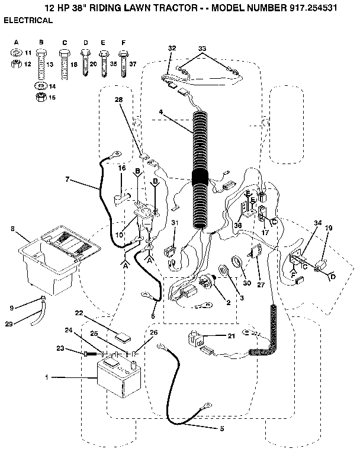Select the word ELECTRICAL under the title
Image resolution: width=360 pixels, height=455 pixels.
(28, 20)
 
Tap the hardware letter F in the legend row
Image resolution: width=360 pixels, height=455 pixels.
(123, 43)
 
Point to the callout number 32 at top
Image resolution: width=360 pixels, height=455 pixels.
(172, 48)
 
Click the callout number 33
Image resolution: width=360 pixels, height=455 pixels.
(202, 48)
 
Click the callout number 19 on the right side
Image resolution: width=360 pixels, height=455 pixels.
(329, 227)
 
